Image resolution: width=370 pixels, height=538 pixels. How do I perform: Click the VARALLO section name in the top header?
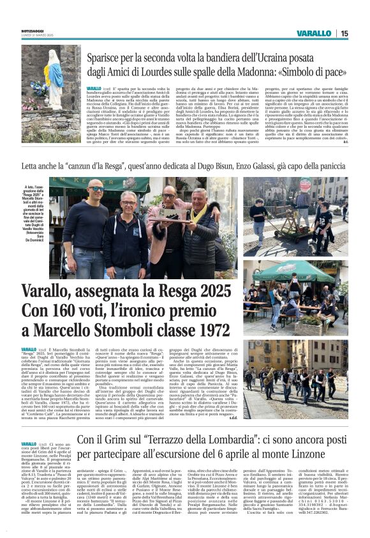click(x=314, y=34)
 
